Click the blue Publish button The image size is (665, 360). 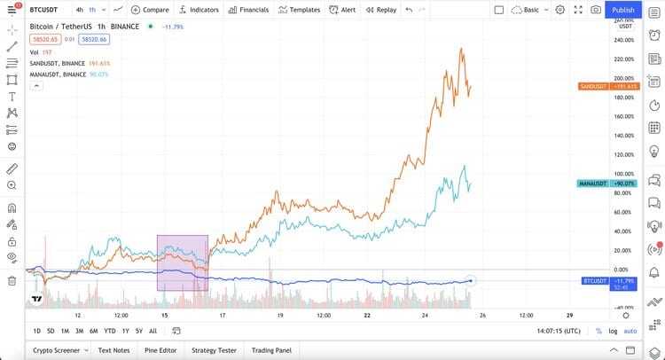point(623,10)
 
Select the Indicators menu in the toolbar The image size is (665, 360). point(199,10)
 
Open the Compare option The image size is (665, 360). point(151,10)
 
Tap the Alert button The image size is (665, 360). point(343,10)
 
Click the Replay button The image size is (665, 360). point(381,10)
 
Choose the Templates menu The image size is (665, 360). point(300,10)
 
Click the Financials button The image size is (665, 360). point(248,10)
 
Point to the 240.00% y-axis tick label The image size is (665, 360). point(622,40)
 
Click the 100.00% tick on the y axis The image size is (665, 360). point(622,174)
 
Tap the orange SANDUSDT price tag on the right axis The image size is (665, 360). point(608,86)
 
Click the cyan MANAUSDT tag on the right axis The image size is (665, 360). point(608,183)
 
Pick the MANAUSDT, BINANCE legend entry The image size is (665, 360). point(59,74)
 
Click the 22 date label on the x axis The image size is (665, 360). point(366,315)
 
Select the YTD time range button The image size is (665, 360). point(109,331)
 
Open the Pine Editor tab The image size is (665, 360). point(160,350)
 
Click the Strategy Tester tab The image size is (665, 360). point(215,350)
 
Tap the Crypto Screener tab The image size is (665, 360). point(57,350)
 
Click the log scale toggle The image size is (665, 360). point(613,331)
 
